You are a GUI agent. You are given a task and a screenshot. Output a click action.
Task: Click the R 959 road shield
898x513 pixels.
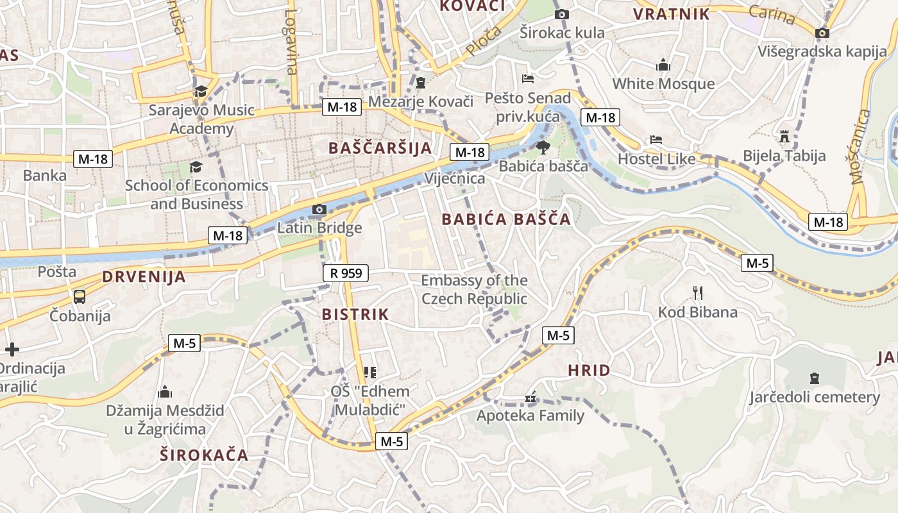346,273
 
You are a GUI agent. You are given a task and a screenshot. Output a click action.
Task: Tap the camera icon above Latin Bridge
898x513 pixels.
319,209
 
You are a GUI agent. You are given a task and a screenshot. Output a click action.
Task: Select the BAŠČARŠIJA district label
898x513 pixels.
380,148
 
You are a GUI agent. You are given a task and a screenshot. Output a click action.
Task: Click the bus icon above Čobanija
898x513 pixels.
80,296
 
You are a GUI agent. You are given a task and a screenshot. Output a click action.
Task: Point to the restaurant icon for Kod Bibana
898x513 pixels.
698,293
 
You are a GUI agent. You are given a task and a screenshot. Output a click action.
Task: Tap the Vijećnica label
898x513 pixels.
455,178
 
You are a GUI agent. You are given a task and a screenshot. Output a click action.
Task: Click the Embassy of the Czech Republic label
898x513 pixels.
474,289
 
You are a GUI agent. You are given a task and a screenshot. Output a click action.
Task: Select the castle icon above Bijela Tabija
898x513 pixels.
784,137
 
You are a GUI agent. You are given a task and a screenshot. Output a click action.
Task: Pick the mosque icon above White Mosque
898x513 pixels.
663,65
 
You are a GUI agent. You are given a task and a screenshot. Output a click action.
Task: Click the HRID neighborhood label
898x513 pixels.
589,371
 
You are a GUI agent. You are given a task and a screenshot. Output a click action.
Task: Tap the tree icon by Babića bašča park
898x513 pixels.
543,147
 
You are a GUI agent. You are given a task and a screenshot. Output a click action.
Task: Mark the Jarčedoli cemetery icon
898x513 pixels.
815,378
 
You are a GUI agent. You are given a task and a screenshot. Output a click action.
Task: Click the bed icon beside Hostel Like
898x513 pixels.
656,140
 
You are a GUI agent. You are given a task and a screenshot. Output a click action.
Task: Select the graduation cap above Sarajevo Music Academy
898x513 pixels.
201,91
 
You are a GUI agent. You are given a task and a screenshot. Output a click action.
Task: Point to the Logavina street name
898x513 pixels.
292,42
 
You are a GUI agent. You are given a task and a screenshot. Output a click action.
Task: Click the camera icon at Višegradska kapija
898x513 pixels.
822,33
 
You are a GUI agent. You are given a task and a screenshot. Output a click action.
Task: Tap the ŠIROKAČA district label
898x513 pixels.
204,455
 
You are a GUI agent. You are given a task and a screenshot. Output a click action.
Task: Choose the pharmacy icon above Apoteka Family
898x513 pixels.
530,398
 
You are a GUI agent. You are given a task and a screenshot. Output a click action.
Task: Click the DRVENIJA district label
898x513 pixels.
144,277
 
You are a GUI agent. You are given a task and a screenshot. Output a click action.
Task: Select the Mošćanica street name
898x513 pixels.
859,146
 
